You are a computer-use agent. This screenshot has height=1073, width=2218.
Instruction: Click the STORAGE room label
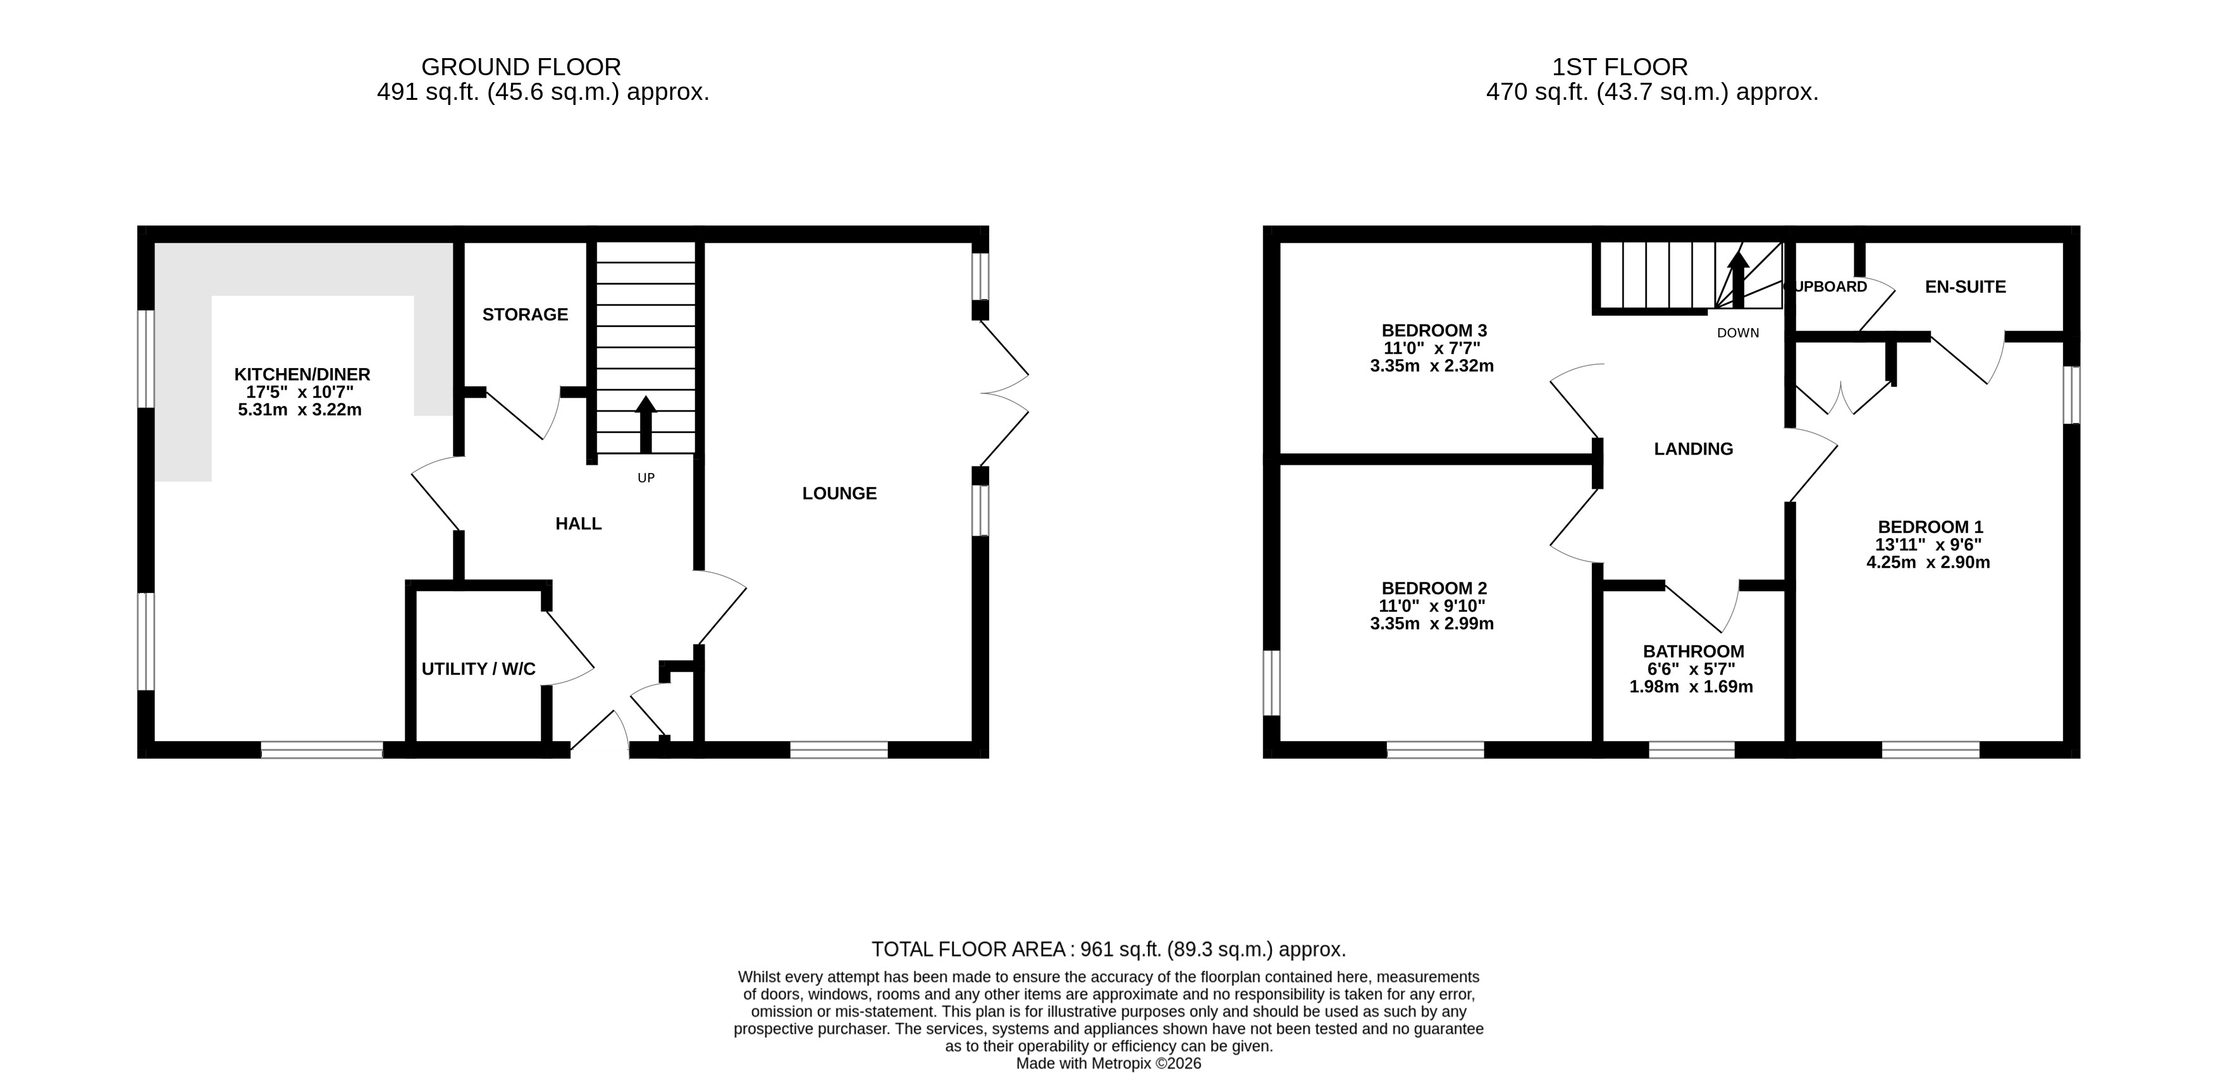click(x=525, y=315)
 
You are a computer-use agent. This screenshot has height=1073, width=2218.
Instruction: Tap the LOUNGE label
click(x=839, y=493)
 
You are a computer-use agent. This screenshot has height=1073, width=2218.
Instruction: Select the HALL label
click(x=579, y=524)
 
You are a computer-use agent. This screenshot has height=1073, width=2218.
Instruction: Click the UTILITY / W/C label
click(x=479, y=669)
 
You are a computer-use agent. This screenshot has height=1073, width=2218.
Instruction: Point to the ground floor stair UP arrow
click(x=646, y=424)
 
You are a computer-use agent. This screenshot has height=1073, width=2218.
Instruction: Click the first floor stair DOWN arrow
click(x=1737, y=279)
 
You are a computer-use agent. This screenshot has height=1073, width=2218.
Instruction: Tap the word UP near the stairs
click(x=646, y=478)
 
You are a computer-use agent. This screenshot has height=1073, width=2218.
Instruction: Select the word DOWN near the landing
click(x=1737, y=333)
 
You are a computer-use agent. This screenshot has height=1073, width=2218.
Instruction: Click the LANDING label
click(x=1694, y=449)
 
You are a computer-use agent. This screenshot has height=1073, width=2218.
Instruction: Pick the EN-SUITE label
click(x=1966, y=287)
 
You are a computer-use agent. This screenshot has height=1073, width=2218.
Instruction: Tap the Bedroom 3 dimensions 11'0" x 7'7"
click(x=1432, y=348)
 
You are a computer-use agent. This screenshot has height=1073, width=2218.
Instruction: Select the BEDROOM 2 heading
click(x=1434, y=588)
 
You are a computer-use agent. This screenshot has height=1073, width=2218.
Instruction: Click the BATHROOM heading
click(x=1694, y=652)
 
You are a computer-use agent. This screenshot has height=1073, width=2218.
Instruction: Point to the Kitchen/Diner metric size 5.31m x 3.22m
click(x=300, y=410)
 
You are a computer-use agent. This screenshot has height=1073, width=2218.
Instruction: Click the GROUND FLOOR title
click(x=521, y=66)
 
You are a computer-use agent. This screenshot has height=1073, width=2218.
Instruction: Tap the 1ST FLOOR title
click(x=1620, y=66)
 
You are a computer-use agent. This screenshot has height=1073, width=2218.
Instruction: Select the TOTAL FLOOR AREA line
click(x=1108, y=949)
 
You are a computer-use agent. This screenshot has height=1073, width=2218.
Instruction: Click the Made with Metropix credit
click(x=1108, y=1064)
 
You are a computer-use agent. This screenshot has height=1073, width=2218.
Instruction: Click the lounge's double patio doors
click(x=1003, y=393)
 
